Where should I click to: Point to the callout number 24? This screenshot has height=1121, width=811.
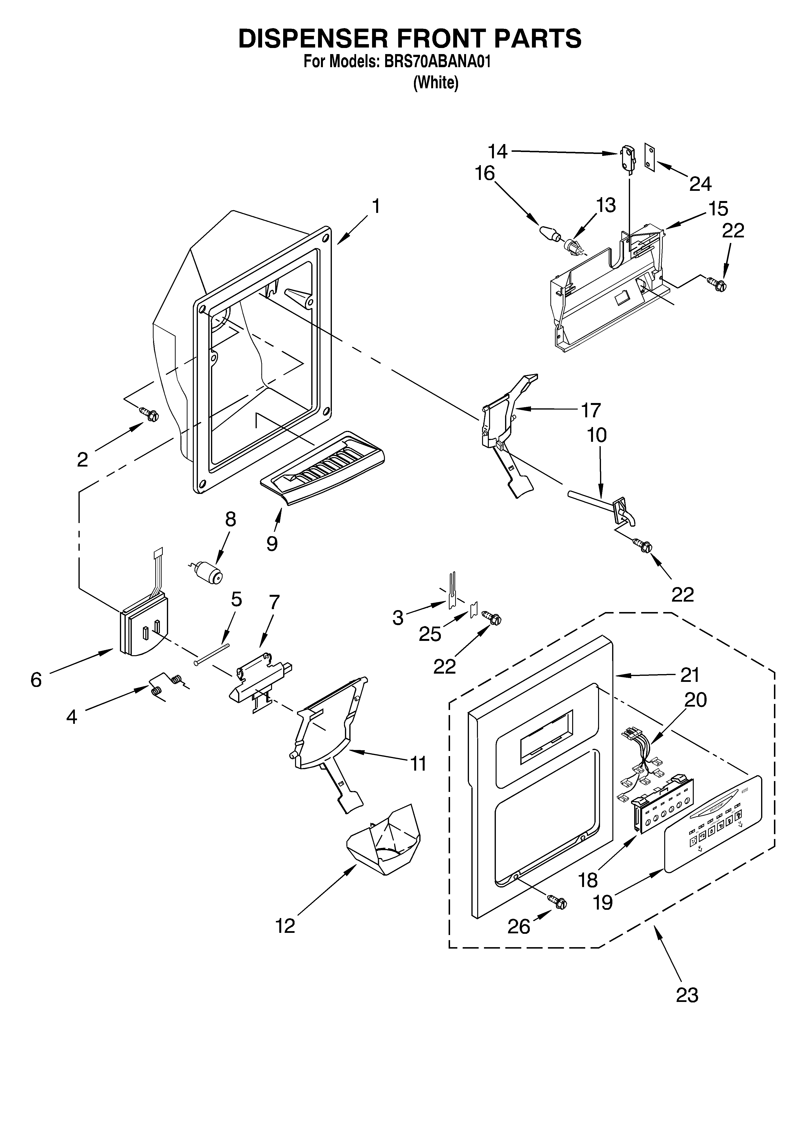pyautogui.click(x=700, y=184)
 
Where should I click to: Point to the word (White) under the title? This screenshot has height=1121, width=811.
pyautogui.click(x=435, y=82)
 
